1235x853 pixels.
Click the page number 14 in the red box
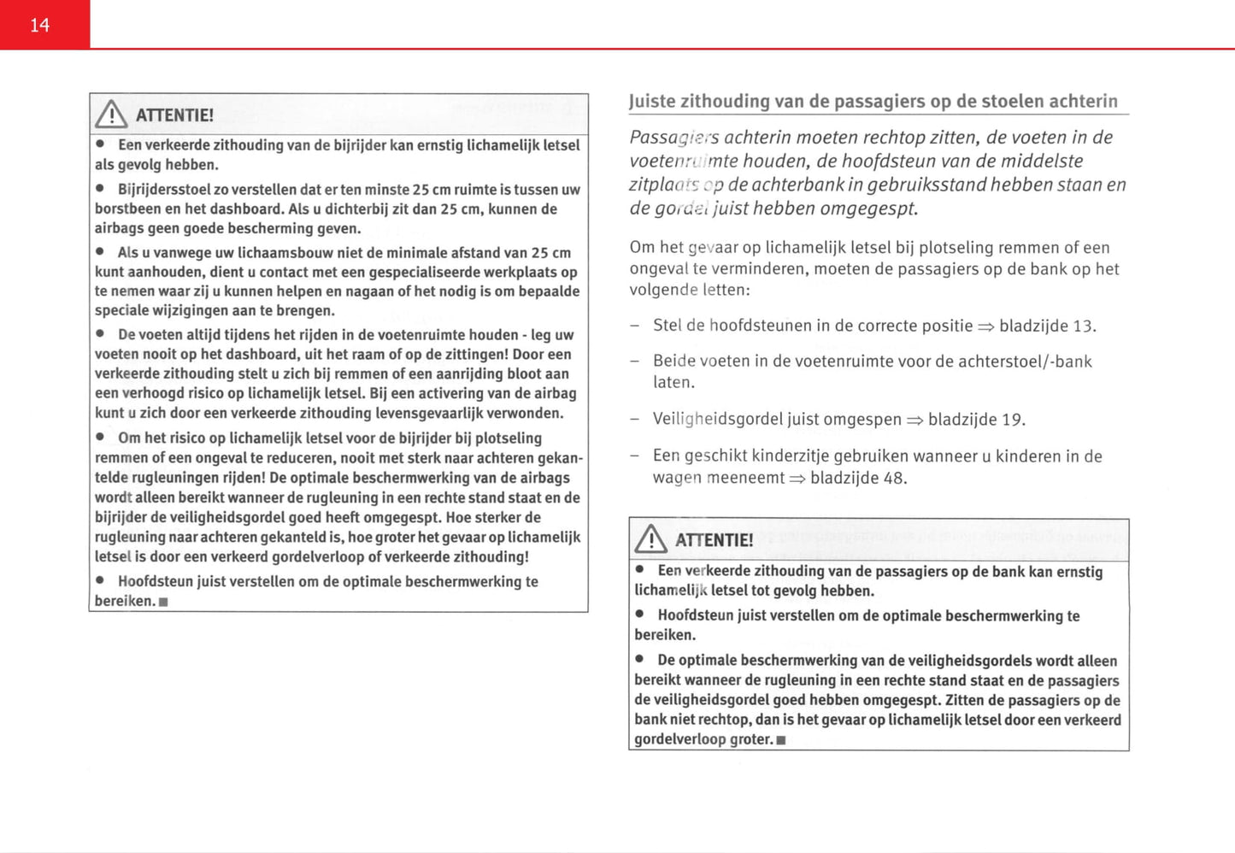click(x=40, y=26)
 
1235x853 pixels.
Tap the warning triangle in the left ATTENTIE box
click(x=111, y=115)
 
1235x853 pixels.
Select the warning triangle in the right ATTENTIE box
click(x=651, y=539)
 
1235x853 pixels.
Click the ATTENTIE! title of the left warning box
click(x=174, y=115)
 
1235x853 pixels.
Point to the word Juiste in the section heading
click(x=652, y=102)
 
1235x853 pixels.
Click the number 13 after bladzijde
click(x=1083, y=326)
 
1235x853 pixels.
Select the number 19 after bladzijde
click(x=1012, y=420)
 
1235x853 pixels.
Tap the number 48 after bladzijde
click(x=894, y=478)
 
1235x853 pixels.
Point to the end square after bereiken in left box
click(x=164, y=602)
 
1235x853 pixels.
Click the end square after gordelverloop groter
click(x=781, y=740)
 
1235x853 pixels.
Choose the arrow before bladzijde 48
click(x=797, y=479)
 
